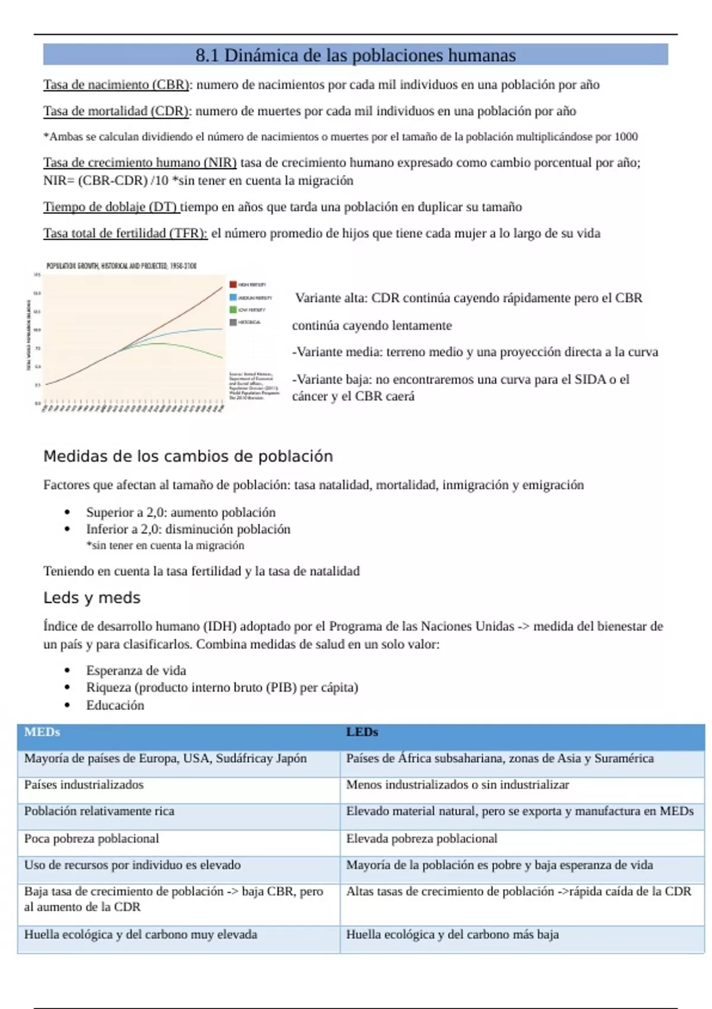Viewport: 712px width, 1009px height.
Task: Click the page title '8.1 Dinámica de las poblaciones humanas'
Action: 355,55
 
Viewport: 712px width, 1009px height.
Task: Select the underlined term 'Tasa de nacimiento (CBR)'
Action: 116,85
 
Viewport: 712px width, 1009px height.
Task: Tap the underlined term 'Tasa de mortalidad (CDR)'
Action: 116,111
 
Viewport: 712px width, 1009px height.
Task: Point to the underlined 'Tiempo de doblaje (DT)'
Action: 110,207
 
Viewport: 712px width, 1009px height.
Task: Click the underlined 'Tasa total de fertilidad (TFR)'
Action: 125,233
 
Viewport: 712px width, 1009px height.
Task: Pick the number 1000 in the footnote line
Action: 626,137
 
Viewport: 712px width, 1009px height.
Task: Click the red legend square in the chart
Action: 233,285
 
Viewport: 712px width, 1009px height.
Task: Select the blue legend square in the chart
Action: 233,297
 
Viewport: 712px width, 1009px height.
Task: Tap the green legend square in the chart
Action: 233,310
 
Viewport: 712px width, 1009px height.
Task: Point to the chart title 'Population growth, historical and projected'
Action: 121,266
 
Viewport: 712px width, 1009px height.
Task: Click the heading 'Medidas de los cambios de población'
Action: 188,456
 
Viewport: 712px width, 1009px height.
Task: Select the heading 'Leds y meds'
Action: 92,598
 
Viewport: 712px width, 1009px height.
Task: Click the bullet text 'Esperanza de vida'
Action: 136,671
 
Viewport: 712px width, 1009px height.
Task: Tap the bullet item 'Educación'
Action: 115,705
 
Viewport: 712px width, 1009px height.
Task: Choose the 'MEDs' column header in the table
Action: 42,732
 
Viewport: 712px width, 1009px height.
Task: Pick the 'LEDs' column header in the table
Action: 362,732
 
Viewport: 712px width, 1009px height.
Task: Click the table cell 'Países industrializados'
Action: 84,785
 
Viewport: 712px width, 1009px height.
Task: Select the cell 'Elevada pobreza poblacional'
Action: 421,839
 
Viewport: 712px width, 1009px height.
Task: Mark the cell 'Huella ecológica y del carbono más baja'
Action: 452,935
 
